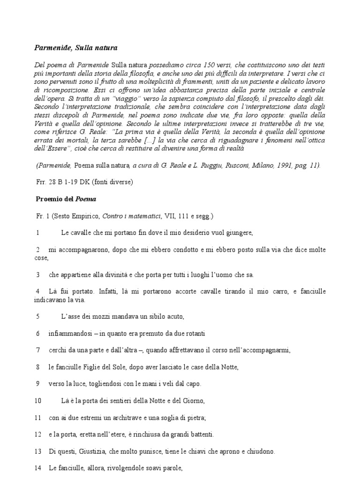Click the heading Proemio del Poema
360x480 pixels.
(x=66, y=199)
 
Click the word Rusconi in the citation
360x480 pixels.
(x=231, y=165)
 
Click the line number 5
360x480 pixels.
(x=37, y=316)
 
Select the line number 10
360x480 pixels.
(x=38, y=401)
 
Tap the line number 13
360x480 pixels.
(x=38, y=451)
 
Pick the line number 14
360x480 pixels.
(x=38, y=468)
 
